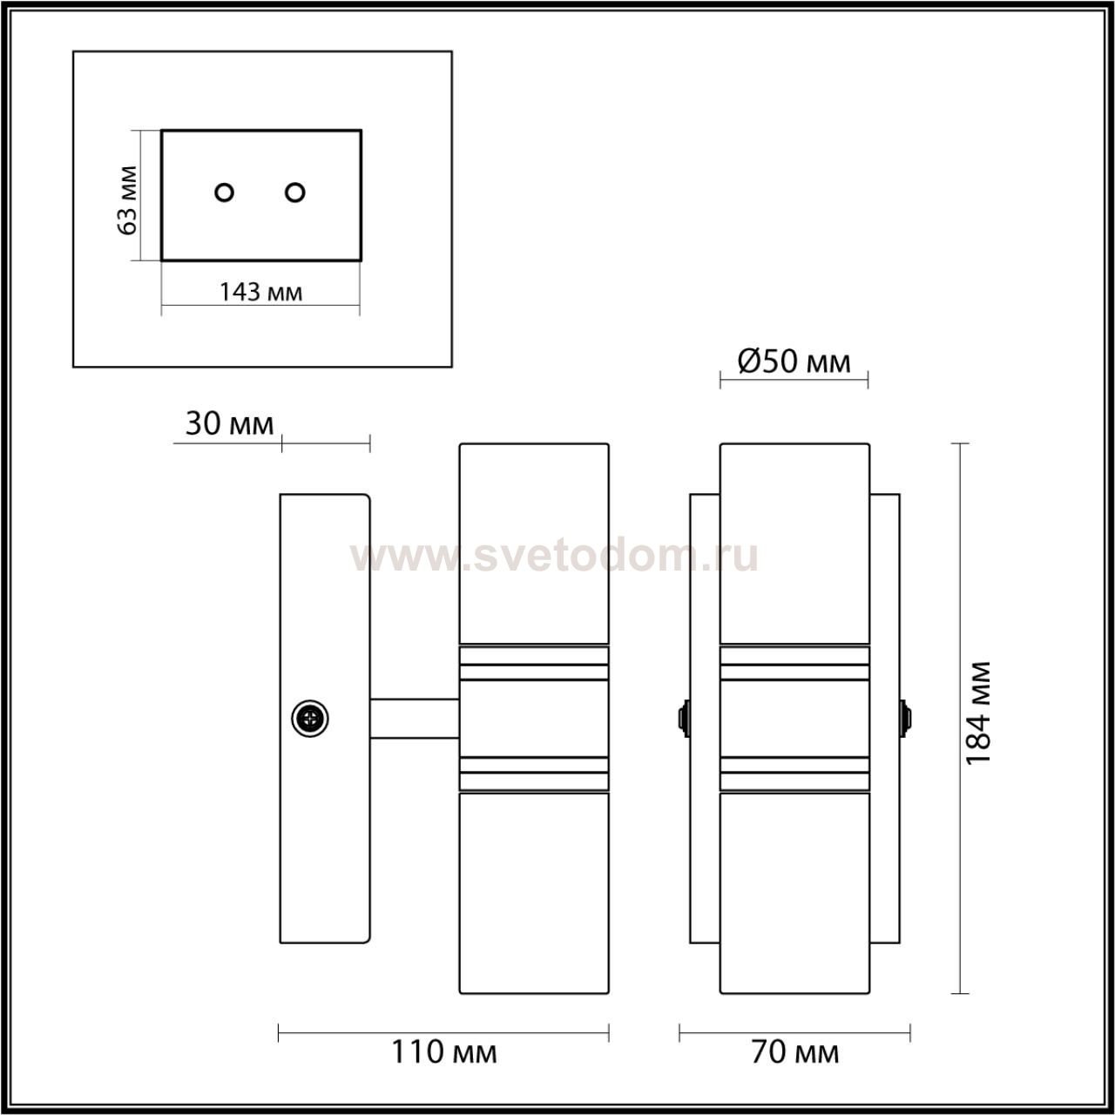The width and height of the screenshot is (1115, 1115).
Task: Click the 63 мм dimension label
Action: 128,200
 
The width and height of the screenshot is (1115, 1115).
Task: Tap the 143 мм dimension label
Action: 261,292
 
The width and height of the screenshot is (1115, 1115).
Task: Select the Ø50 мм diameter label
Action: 794,362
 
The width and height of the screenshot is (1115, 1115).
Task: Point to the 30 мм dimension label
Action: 229,423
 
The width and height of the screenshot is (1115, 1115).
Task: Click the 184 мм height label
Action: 978,713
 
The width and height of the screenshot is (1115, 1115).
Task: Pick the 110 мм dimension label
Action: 443,1052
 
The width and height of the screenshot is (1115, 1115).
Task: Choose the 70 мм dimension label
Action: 795,1052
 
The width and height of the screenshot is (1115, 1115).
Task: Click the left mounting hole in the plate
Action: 224,193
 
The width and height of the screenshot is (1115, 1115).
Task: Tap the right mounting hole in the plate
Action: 295,193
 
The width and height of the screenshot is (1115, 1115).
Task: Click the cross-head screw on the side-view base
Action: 310,719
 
